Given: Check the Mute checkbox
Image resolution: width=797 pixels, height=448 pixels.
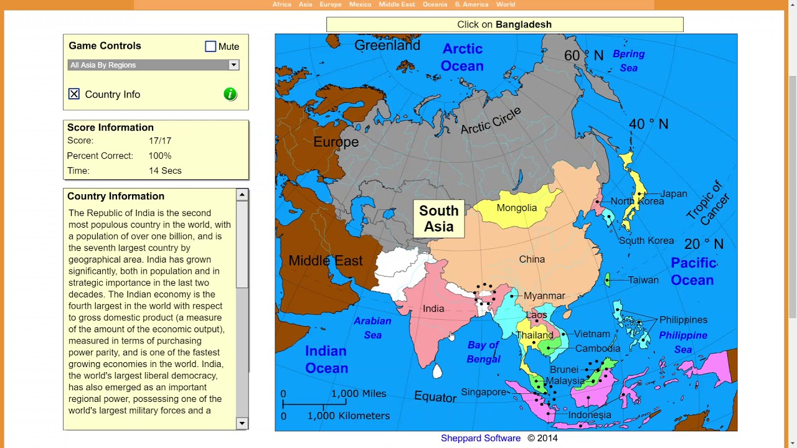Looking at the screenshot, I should click(210, 47).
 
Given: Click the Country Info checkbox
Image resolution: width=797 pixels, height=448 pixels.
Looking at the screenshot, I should click(74, 94).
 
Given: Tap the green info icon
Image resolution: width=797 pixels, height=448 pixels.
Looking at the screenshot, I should click(230, 94).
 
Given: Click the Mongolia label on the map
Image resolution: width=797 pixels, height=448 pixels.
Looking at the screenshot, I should click(516, 208).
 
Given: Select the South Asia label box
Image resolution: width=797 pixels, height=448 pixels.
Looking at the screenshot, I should click(439, 219).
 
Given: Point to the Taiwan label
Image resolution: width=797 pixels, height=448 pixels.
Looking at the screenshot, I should click(643, 280).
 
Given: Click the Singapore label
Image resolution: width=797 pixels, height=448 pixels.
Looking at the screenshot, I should click(483, 392).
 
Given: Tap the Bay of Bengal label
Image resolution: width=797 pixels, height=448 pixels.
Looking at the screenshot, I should click(483, 352).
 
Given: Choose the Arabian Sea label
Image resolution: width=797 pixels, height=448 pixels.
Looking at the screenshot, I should click(372, 328).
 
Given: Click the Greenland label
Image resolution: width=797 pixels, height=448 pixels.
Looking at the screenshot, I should click(387, 45).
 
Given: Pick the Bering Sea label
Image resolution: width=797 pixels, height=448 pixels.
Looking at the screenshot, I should click(629, 61).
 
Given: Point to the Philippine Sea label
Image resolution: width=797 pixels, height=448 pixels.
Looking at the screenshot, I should click(683, 342).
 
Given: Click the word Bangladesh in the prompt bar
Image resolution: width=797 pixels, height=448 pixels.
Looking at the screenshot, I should click(524, 25).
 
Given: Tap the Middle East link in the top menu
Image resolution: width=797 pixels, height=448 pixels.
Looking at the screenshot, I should click(397, 4).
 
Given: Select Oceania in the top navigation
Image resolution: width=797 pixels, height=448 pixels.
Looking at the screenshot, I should click(435, 4).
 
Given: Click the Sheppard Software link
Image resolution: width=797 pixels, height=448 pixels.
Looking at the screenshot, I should click(481, 438).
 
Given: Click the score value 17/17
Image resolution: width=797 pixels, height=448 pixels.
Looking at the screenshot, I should click(160, 141).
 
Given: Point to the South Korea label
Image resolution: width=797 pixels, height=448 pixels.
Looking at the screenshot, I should click(646, 241).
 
